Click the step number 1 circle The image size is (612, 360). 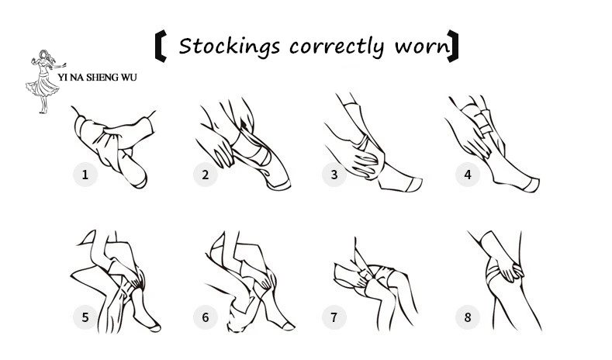85,175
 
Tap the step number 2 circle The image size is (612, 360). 206,175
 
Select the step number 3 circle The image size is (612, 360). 334,175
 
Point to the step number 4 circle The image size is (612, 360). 468,175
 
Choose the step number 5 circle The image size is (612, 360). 85,317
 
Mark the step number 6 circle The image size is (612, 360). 206,317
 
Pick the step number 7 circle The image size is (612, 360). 334,317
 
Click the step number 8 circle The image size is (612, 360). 468,317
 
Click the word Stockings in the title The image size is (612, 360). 230,46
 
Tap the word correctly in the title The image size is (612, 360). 337,47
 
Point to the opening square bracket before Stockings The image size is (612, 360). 161,47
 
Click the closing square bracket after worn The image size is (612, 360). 453,46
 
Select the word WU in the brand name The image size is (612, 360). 129,78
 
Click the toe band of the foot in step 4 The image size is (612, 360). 531,185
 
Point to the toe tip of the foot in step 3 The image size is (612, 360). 419,183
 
